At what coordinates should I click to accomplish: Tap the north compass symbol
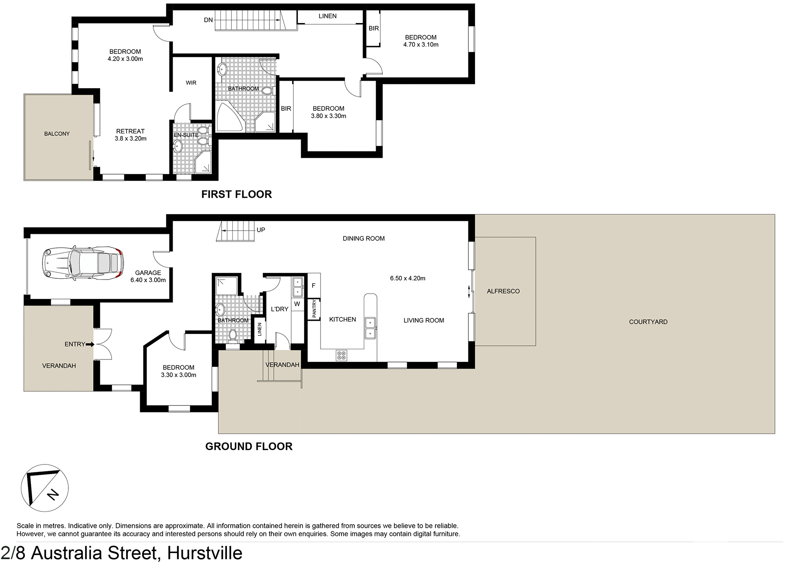tap(44, 488)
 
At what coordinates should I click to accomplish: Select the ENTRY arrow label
tap(79, 344)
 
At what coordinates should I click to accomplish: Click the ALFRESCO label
tap(503, 291)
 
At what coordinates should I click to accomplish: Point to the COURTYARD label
tap(648, 322)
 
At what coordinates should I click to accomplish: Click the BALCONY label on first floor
tap(57, 134)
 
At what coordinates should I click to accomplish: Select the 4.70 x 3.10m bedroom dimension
tap(421, 45)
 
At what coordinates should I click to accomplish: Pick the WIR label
tap(191, 83)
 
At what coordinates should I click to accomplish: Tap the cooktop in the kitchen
tap(342, 355)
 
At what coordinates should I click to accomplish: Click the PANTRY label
tap(314, 308)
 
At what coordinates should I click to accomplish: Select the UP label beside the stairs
tap(261, 230)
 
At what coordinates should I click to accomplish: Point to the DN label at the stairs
tap(208, 20)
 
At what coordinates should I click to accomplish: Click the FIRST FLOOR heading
tap(236, 194)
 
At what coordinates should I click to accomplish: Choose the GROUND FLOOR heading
tap(249, 446)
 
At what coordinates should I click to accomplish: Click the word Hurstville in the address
tap(205, 553)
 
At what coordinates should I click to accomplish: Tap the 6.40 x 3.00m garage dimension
tap(148, 280)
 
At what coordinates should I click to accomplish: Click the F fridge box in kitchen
tap(314, 285)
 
